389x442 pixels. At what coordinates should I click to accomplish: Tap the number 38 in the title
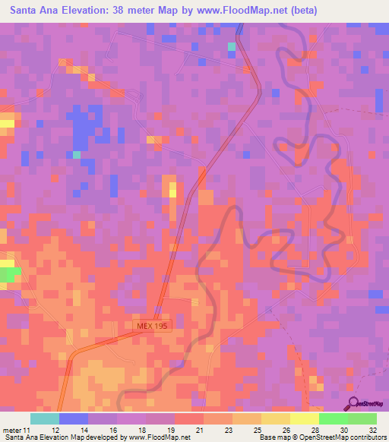click(121, 11)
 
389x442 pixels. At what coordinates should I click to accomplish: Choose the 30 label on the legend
click(344, 430)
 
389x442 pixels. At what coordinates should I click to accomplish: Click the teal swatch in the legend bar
click(45, 418)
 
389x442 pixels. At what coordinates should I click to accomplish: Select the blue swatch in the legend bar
click(74, 418)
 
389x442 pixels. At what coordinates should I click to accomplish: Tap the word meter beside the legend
click(11, 430)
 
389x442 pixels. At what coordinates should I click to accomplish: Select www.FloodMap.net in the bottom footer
click(159, 438)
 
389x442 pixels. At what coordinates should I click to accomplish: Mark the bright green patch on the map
click(9, 273)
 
